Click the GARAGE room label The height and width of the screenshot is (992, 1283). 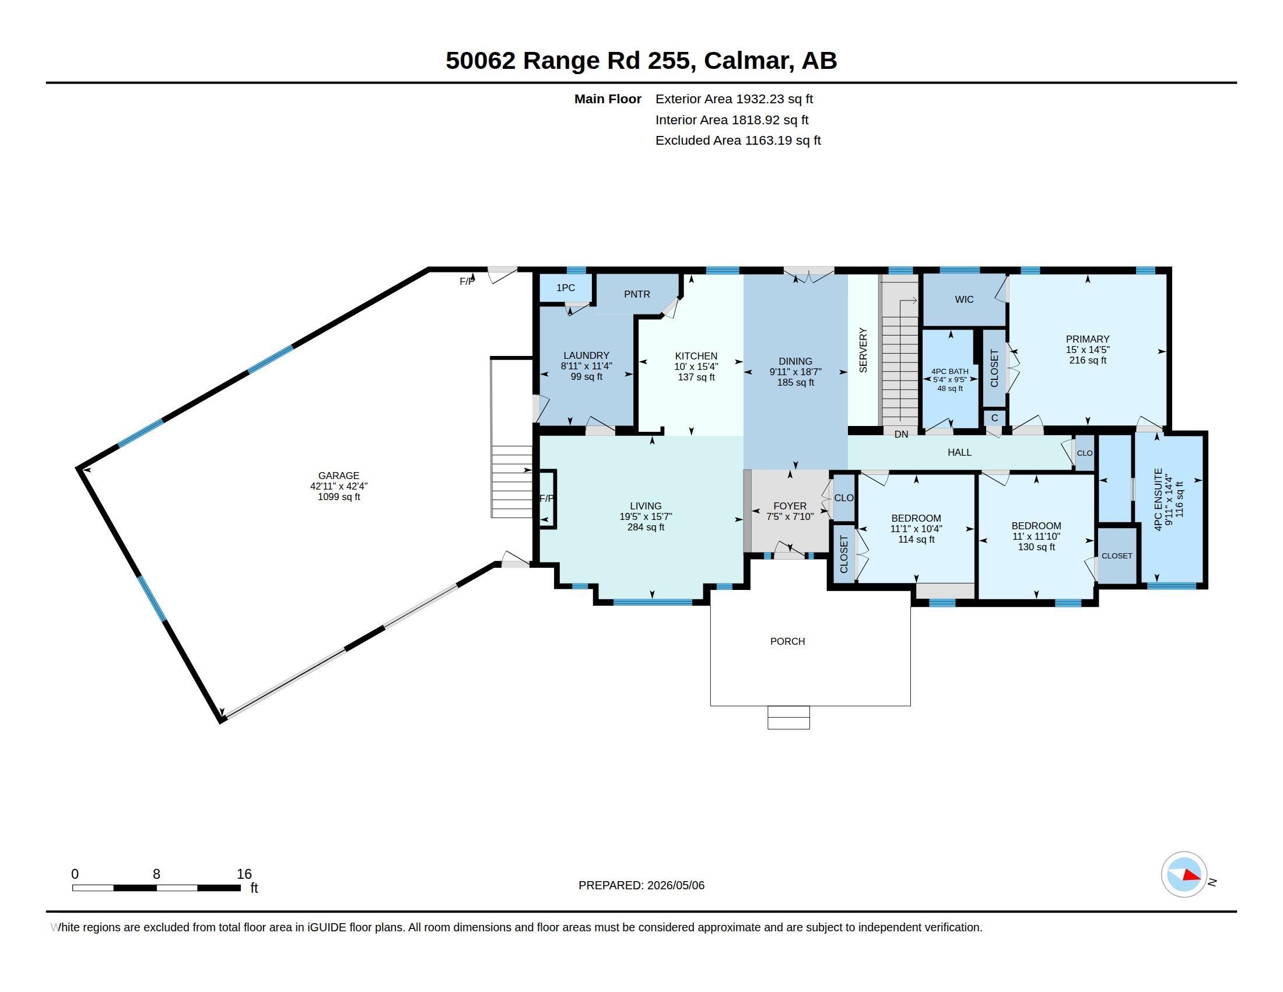click(x=338, y=476)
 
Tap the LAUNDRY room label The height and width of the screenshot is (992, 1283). click(x=586, y=355)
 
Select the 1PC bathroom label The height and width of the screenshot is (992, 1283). click(x=565, y=287)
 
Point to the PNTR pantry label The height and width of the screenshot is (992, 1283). click(x=637, y=294)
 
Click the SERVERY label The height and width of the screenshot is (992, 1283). click(x=863, y=350)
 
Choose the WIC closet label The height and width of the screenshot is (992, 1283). click(x=964, y=299)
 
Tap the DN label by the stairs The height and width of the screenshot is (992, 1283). click(x=901, y=434)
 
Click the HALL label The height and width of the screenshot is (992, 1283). click(x=959, y=452)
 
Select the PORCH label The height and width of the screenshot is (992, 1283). click(x=787, y=641)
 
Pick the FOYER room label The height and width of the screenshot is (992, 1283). click(x=790, y=505)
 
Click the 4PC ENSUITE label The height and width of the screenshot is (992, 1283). click(x=1158, y=500)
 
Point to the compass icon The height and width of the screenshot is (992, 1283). click(x=1184, y=874)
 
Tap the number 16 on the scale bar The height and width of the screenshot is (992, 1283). click(x=244, y=874)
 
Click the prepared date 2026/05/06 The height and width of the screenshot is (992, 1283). click(x=675, y=885)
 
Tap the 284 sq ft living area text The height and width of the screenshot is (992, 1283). click(x=646, y=527)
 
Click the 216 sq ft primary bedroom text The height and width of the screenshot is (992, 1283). click(x=1088, y=359)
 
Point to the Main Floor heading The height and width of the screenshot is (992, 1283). click(x=608, y=99)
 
